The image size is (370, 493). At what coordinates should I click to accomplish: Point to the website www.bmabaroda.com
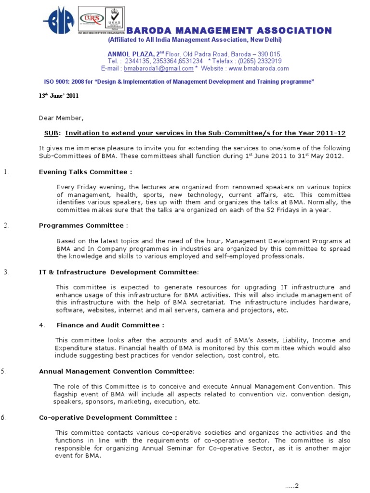(x=259, y=68)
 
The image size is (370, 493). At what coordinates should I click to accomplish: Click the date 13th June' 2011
(x=58, y=96)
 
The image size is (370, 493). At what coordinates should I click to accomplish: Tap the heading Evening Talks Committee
(x=85, y=172)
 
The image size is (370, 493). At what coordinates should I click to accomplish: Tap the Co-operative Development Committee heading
(x=108, y=417)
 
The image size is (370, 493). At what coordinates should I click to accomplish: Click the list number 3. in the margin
(x=6, y=272)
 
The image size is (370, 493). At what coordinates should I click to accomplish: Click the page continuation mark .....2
(x=291, y=485)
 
